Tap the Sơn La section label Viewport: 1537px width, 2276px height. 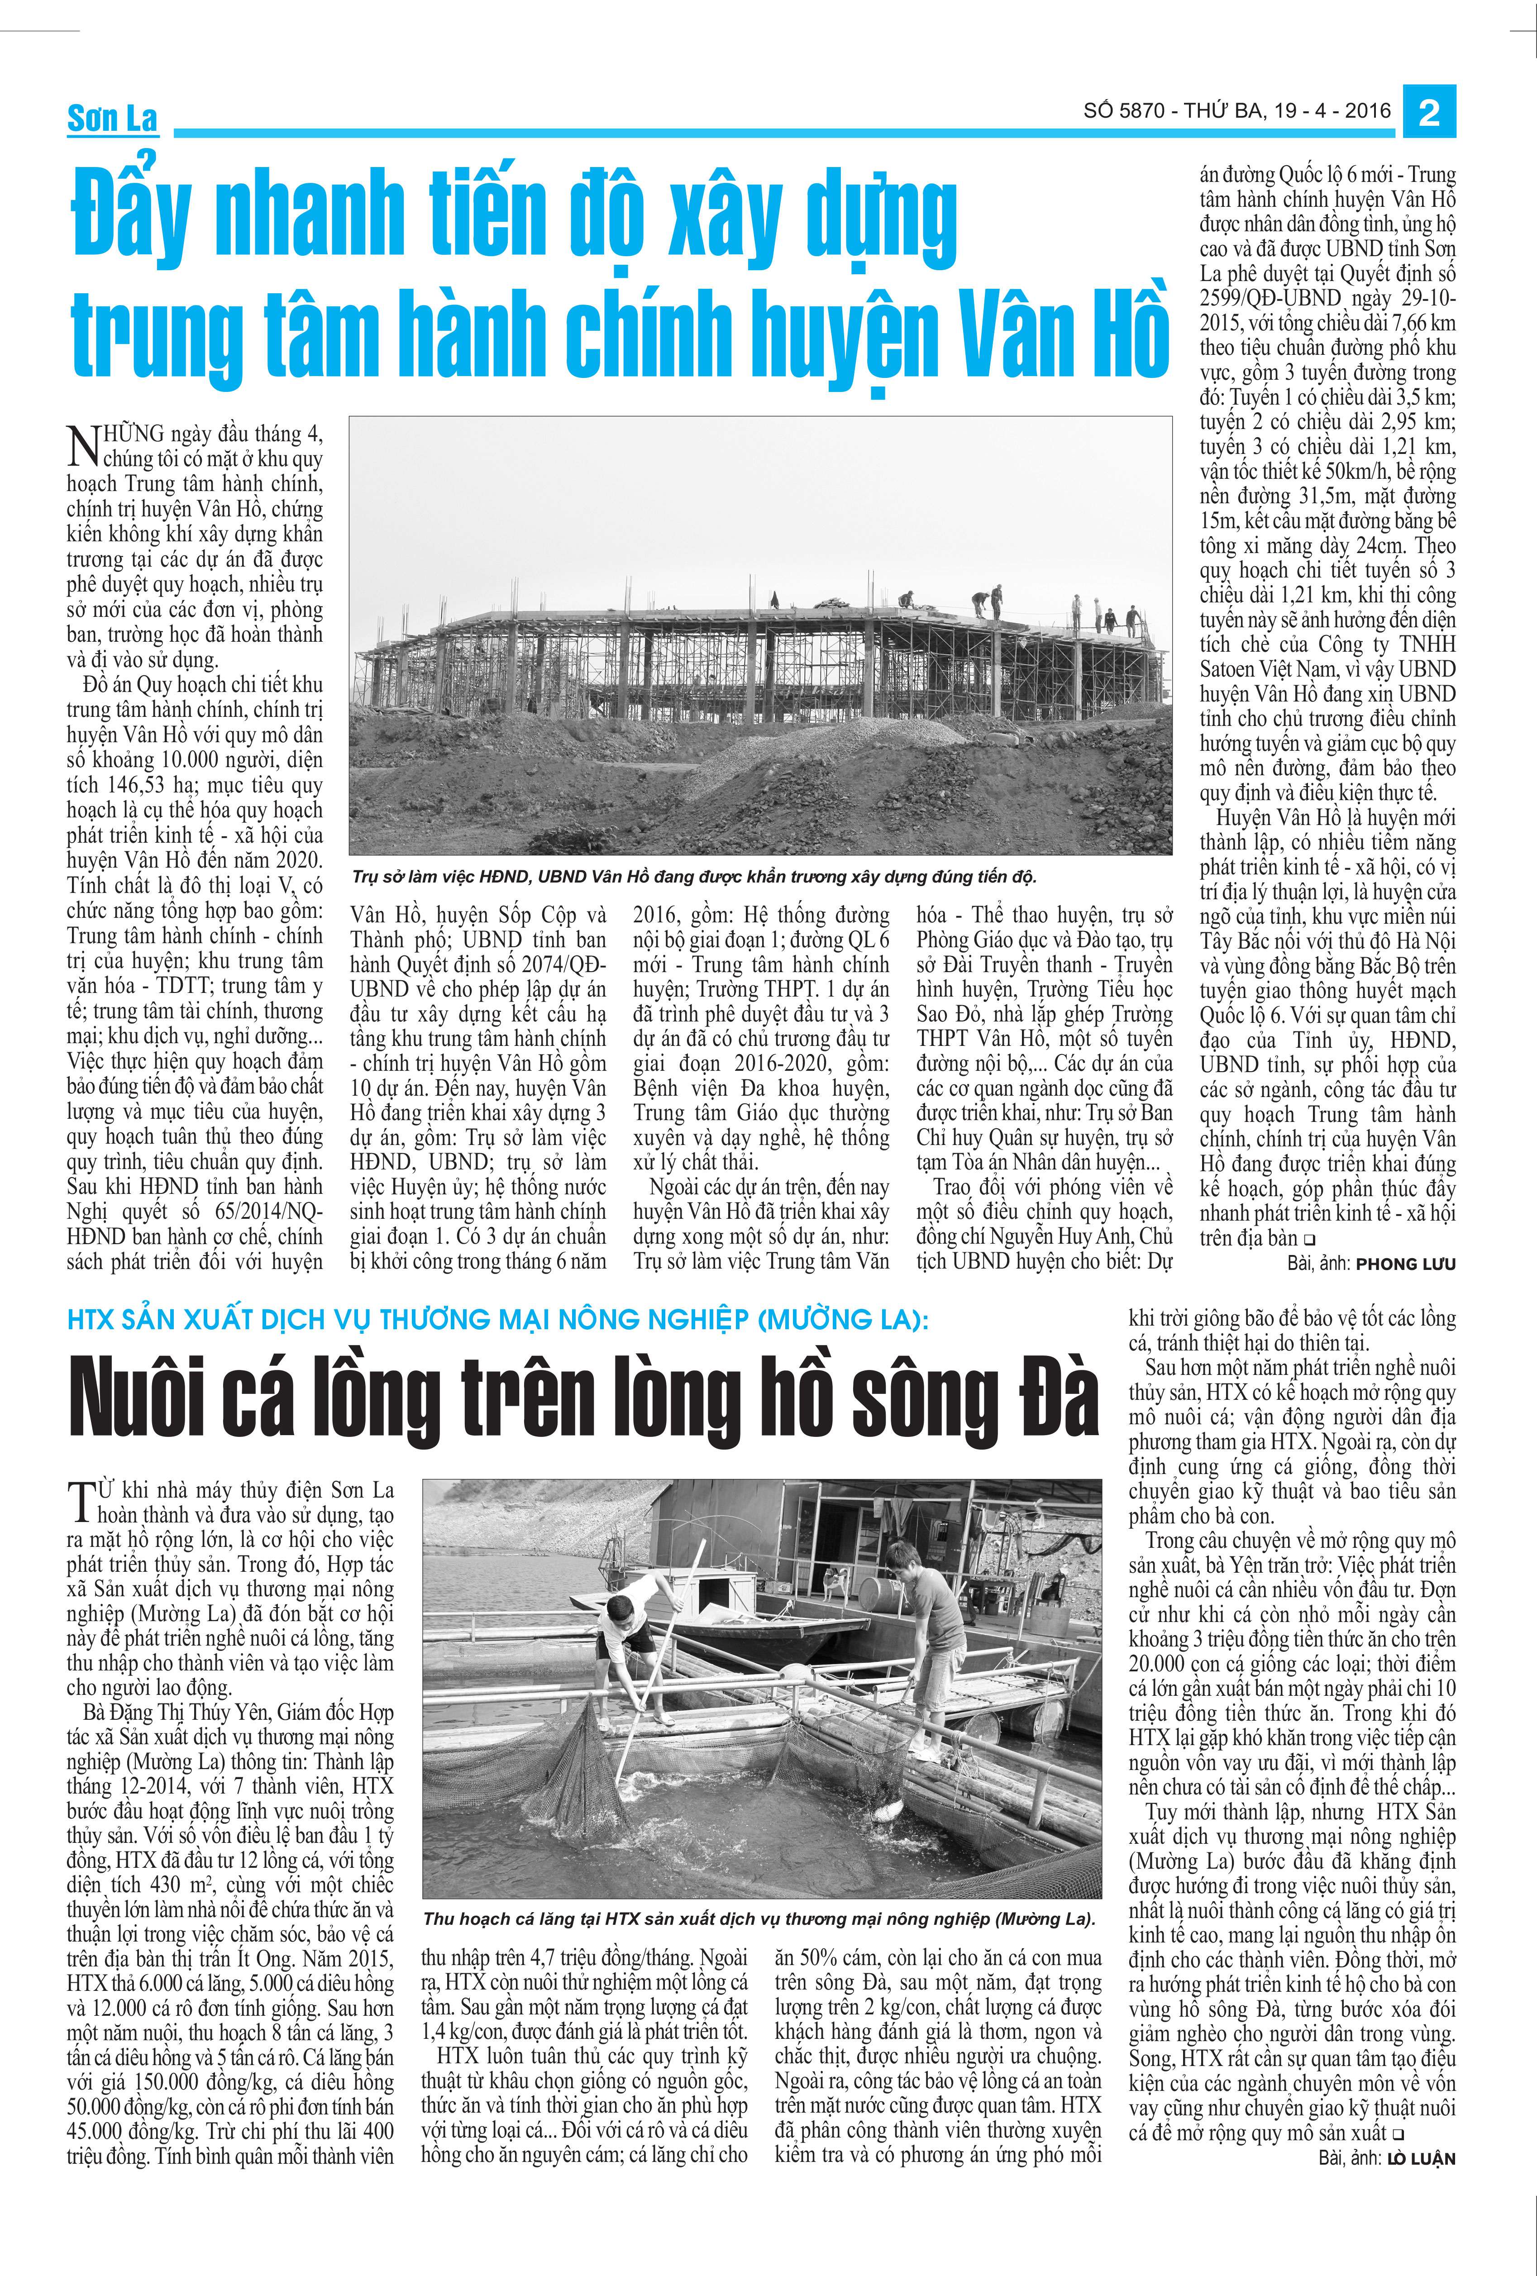click(112, 119)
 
